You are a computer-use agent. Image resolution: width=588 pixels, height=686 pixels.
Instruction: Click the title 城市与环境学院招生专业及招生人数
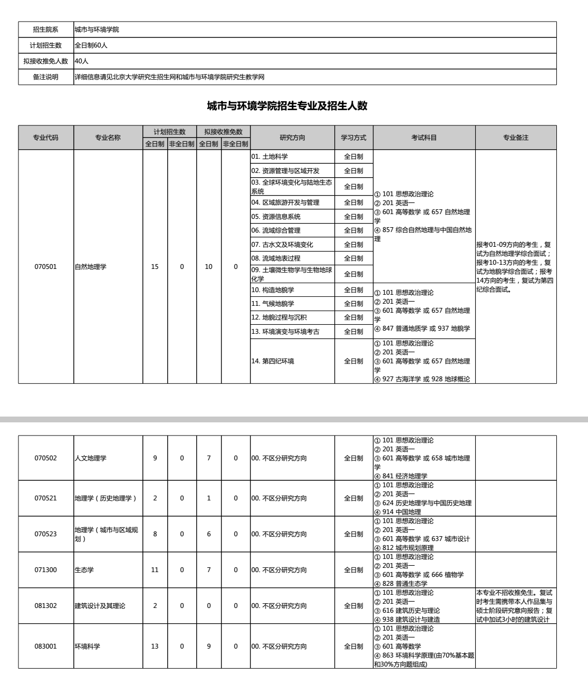tap(287, 106)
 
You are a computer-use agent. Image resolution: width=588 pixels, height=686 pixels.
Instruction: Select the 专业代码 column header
tap(46, 138)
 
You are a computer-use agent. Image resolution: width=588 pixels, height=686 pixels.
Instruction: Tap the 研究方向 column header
tap(292, 138)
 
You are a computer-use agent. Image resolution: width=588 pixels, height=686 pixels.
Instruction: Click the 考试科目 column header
tap(424, 138)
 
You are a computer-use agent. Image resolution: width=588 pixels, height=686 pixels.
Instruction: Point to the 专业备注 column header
tap(515, 138)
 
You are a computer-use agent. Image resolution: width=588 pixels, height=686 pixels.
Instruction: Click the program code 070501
tap(46, 267)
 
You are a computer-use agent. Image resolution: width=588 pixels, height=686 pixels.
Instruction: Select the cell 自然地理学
tap(91, 267)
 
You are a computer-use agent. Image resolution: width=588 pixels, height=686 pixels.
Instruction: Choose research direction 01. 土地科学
tap(269, 157)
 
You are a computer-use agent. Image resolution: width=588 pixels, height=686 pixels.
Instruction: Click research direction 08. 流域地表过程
tap(275, 258)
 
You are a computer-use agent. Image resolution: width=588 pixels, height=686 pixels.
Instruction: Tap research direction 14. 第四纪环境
tap(273, 361)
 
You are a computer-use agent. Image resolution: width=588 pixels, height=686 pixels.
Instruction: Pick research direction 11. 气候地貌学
tap(273, 304)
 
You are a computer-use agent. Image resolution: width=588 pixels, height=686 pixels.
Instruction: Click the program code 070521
tap(46, 498)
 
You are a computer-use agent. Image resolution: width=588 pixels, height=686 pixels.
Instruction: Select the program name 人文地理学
tap(91, 458)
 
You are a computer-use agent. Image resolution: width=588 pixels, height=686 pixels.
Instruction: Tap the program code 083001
tap(46, 646)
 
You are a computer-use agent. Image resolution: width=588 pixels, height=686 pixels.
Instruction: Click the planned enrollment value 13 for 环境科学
tap(155, 646)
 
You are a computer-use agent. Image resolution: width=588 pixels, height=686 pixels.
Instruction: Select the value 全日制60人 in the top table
tap(91, 45)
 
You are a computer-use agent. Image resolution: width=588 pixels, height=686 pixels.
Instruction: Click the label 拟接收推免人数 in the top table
tap(46, 61)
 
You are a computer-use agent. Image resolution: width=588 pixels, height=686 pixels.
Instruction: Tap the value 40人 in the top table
tap(82, 61)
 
